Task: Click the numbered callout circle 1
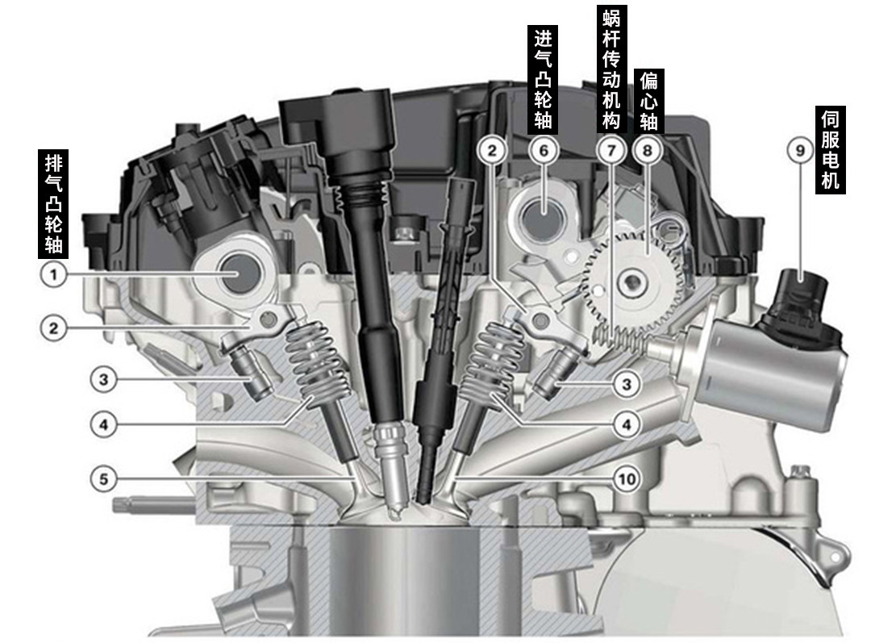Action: [x=54, y=274]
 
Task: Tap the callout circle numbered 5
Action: [x=104, y=478]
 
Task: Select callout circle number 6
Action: [x=544, y=150]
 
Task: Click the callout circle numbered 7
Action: [x=611, y=150]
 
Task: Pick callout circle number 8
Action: [x=648, y=150]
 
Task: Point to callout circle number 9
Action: [x=800, y=150]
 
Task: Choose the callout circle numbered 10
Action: [x=627, y=478]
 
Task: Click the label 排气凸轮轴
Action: [x=53, y=204]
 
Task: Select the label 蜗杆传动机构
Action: [x=611, y=69]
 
